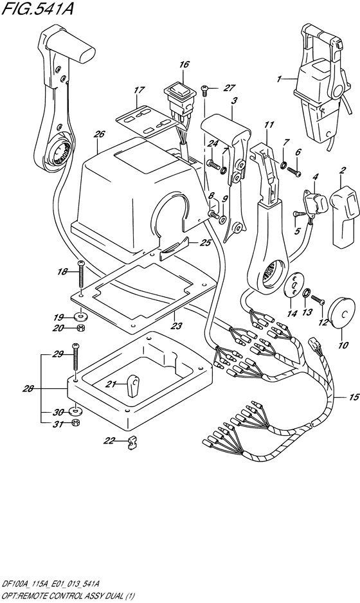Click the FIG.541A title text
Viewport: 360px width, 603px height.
pyautogui.click(x=37, y=10)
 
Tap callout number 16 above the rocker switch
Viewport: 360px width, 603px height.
pyautogui.click(x=184, y=64)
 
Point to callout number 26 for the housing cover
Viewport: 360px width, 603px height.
pyautogui.click(x=99, y=134)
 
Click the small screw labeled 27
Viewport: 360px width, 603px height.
pyautogui.click(x=205, y=91)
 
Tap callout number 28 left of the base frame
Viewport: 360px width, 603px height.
pyautogui.click(x=28, y=389)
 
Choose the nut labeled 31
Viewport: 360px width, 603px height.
pyautogui.click(x=75, y=423)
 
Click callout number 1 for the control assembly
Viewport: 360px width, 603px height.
pyautogui.click(x=278, y=79)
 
